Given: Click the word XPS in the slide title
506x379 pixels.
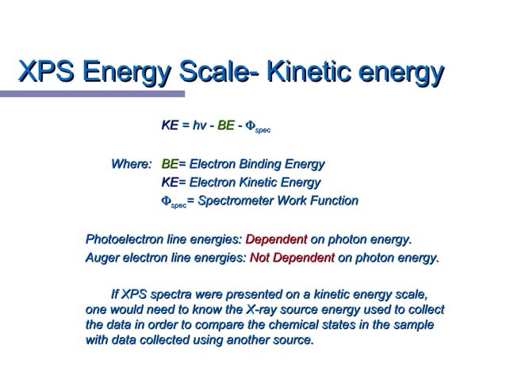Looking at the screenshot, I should [x=44, y=73].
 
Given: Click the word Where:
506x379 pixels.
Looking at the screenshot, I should [x=131, y=165].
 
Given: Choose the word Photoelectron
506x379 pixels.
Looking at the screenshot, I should [x=124, y=239].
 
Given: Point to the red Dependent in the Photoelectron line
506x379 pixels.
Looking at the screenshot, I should [x=276, y=239].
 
